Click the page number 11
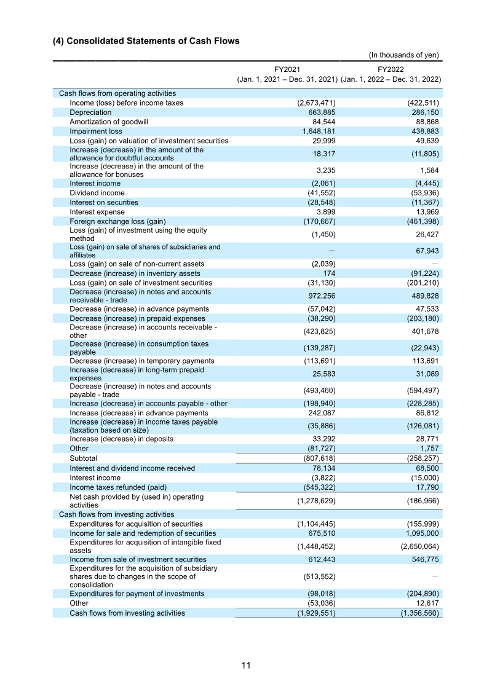pos(246,665)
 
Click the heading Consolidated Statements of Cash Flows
pos(146,41)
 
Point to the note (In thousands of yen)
pos(403,55)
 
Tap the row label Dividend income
pos(97,193)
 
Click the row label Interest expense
pos(98,212)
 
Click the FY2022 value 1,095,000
pos(421,533)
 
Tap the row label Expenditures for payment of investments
pos(137,594)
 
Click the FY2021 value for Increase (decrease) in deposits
pos(322,439)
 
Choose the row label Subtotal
pos(83,458)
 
